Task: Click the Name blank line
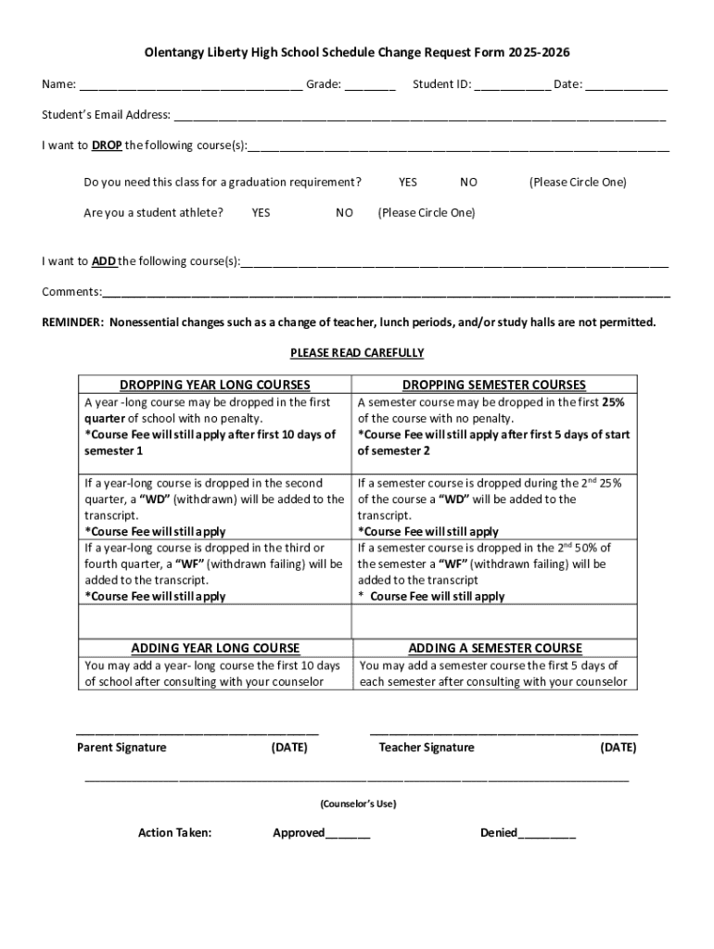click(190, 86)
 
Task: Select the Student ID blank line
click(512, 86)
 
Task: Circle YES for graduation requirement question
click(408, 183)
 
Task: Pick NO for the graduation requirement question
click(468, 183)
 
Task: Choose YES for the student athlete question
click(261, 213)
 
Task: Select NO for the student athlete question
click(344, 213)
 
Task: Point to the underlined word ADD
click(104, 261)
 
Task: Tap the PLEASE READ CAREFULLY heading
click(357, 353)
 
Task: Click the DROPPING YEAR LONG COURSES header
click(215, 385)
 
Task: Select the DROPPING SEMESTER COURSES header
click(494, 385)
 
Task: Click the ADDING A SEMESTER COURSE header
click(495, 648)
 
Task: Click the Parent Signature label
click(121, 748)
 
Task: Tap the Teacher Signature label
click(426, 748)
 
